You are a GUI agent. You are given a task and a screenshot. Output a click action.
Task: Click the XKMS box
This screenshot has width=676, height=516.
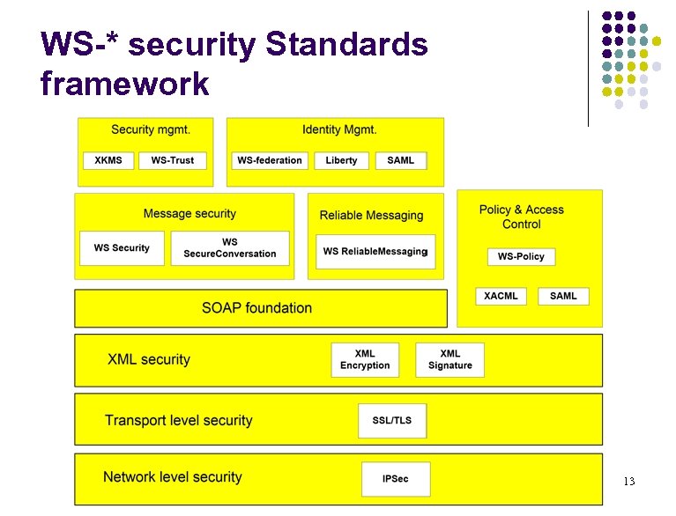(109, 160)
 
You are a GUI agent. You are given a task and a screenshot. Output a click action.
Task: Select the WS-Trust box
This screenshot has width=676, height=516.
(173, 160)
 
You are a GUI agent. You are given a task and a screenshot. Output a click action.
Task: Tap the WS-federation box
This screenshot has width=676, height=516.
(270, 160)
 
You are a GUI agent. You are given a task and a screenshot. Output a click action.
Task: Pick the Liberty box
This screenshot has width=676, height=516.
(341, 160)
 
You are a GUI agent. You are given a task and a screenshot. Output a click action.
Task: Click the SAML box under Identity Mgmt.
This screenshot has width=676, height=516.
(401, 160)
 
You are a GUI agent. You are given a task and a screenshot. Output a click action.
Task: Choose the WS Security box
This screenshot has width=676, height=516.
(122, 248)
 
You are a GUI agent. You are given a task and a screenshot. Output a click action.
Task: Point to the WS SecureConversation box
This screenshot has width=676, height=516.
(230, 248)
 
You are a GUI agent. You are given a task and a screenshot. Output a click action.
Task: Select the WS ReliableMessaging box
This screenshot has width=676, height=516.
(375, 251)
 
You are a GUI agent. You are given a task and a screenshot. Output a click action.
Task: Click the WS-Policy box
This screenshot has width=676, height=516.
(521, 256)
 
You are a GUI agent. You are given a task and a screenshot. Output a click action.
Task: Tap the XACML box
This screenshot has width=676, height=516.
(501, 296)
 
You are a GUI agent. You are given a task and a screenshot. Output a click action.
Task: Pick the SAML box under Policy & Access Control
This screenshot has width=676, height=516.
(563, 296)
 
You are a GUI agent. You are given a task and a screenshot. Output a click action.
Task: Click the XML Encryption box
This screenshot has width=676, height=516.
(365, 359)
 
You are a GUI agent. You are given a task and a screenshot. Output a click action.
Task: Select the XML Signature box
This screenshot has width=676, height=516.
(449, 359)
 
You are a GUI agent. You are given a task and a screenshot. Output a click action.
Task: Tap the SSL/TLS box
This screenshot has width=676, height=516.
(392, 420)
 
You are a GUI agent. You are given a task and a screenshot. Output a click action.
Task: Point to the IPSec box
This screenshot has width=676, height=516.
(396, 479)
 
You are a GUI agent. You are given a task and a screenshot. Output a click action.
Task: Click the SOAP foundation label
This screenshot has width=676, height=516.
(256, 308)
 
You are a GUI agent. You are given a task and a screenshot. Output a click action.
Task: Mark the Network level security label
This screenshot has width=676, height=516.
(173, 477)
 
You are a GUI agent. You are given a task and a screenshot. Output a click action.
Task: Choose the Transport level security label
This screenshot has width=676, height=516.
(179, 421)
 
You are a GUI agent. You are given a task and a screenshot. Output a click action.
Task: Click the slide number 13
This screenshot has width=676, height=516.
(628, 482)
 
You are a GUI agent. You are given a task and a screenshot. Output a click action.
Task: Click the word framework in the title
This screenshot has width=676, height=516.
(124, 84)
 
